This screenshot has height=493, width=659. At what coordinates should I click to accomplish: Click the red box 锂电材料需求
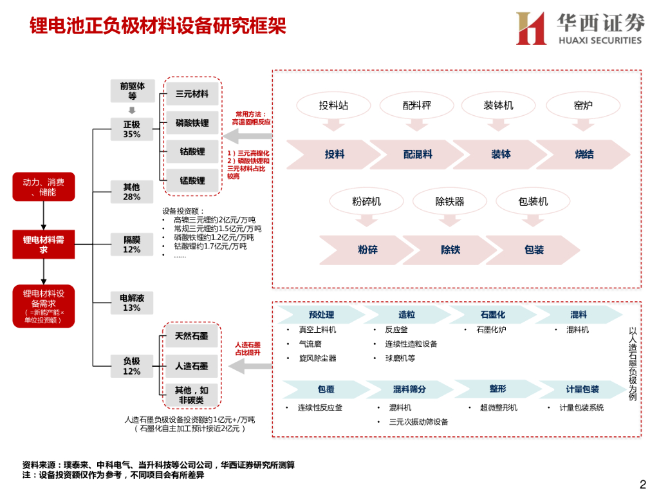coord(43,245)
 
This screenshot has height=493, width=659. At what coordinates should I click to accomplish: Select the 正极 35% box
coord(132,129)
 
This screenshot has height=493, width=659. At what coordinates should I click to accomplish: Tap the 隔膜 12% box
coord(132,245)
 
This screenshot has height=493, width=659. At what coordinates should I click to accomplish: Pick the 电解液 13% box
coord(132,302)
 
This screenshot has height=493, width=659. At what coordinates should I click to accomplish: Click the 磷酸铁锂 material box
coord(192,123)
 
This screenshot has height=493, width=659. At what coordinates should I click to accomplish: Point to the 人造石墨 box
coord(192,366)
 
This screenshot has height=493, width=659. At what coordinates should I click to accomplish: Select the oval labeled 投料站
coord(334,106)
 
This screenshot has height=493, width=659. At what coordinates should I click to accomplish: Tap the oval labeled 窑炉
coord(583,106)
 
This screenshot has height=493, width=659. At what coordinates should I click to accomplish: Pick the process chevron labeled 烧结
coord(584,154)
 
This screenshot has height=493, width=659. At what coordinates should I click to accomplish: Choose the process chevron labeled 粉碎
coord(367,250)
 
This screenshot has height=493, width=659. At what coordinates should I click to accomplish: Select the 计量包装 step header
coord(582,389)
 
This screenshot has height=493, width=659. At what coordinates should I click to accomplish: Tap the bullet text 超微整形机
coord(494,407)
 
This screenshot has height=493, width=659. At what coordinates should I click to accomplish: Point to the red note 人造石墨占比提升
coord(247,348)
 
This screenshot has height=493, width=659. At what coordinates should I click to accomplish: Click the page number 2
coord(642,484)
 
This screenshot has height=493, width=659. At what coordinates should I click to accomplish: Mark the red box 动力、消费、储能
coord(43,187)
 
